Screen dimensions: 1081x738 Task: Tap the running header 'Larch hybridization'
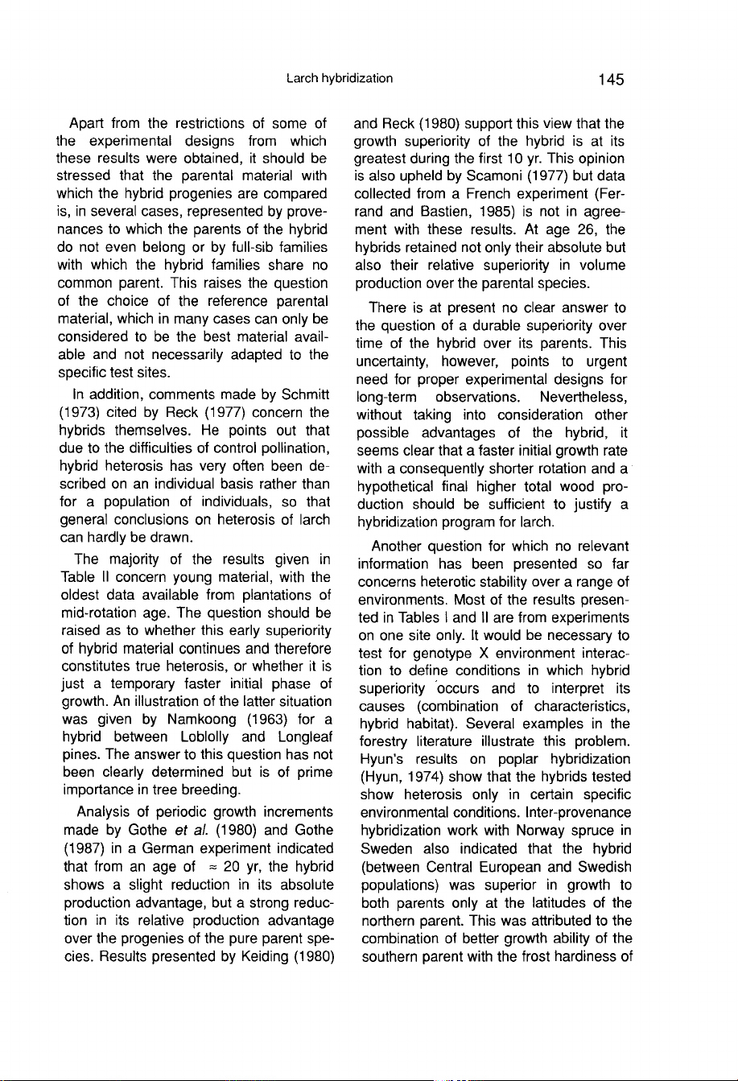point(339,78)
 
